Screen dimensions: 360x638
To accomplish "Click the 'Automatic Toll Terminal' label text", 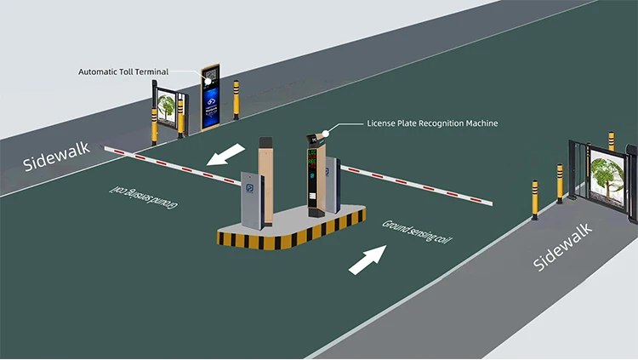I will [123, 71].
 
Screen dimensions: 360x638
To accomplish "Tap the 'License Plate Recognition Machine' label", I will [432, 123].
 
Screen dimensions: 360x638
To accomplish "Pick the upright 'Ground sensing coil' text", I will [416, 230].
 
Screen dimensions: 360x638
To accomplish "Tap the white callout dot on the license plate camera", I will [324, 134].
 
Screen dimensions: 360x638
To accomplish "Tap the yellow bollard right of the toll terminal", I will [237, 99].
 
